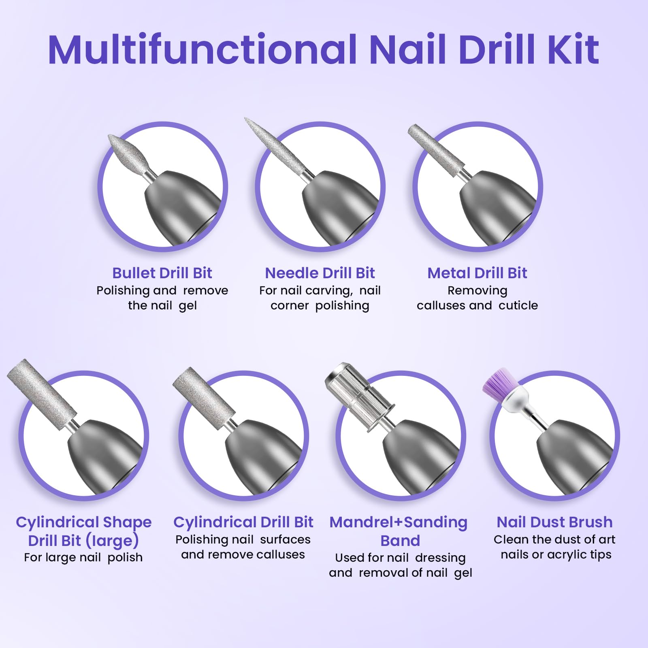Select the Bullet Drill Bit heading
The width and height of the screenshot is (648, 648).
point(162,273)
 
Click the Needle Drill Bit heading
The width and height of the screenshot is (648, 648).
point(320,273)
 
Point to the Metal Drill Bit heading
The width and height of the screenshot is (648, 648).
point(477,273)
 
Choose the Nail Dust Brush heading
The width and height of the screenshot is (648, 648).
point(554,522)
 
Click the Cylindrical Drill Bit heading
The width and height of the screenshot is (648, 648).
point(243,522)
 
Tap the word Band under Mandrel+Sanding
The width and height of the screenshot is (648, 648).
point(400,541)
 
